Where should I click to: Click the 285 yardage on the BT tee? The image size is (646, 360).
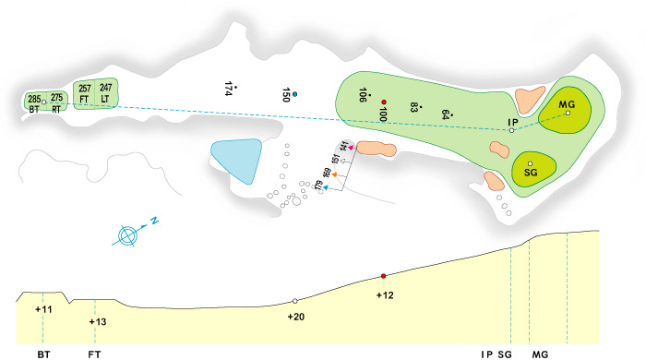pos(34,98)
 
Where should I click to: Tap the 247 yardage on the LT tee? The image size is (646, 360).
pos(105,88)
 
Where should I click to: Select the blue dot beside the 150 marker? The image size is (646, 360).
pos(296,93)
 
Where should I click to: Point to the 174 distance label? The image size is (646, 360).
pos(228,89)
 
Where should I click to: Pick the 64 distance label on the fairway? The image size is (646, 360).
pos(446,114)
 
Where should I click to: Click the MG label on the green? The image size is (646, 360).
pos(568,104)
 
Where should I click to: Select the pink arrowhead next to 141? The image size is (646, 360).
pos(351,147)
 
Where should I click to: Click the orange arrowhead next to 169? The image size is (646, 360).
pos(336,174)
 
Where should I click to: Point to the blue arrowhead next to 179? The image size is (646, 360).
pos(327,187)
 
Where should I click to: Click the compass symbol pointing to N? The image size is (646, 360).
pos(129,235)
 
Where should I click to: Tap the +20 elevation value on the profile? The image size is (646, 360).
pos(296,317)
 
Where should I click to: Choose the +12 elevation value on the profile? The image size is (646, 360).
pos(385,294)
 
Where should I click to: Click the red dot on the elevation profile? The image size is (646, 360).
pos(383,276)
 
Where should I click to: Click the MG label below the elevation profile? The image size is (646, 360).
pos(540,353)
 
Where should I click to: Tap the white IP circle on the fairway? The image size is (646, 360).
pos(511,131)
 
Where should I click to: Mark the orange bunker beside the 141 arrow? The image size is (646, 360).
pos(375,148)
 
